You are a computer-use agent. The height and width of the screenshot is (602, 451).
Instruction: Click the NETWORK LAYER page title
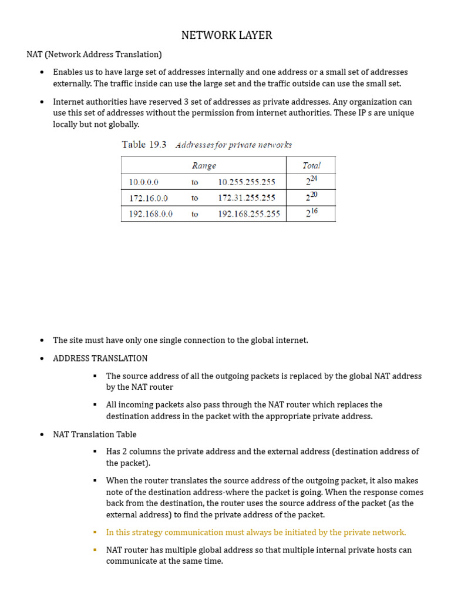[226, 35]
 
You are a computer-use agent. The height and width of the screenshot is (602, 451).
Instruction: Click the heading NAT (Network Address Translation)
[94, 55]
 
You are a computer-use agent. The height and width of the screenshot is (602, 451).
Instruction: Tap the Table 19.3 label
[144, 145]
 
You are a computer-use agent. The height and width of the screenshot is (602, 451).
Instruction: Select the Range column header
[204, 166]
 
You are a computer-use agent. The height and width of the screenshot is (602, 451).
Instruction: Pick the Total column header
[311, 166]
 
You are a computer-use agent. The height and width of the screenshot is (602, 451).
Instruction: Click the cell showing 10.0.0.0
[144, 182]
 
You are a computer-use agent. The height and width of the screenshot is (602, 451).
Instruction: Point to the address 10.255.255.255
[246, 182]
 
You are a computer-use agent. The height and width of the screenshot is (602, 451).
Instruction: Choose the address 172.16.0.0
[148, 198]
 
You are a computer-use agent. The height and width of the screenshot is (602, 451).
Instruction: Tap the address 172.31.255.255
[246, 198]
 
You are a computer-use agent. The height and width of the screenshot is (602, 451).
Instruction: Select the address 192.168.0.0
[150, 214]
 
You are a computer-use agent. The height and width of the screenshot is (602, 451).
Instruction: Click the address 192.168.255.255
[249, 214]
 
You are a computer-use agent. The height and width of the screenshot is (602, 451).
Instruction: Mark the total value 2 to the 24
[311, 181]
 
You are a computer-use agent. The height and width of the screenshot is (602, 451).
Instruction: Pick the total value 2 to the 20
[311, 197]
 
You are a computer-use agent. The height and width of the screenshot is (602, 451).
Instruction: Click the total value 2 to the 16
[311, 213]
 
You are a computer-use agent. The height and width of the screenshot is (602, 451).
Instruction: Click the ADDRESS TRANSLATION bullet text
[100, 358]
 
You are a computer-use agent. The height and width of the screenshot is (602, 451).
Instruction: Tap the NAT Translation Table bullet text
[95, 434]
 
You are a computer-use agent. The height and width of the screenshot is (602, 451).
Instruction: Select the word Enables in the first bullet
[68, 72]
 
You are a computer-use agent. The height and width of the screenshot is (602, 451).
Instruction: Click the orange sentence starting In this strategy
[255, 533]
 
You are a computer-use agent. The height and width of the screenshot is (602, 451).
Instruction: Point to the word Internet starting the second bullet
[69, 102]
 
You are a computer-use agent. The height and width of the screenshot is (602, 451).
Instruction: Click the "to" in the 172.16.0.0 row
[195, 198]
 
